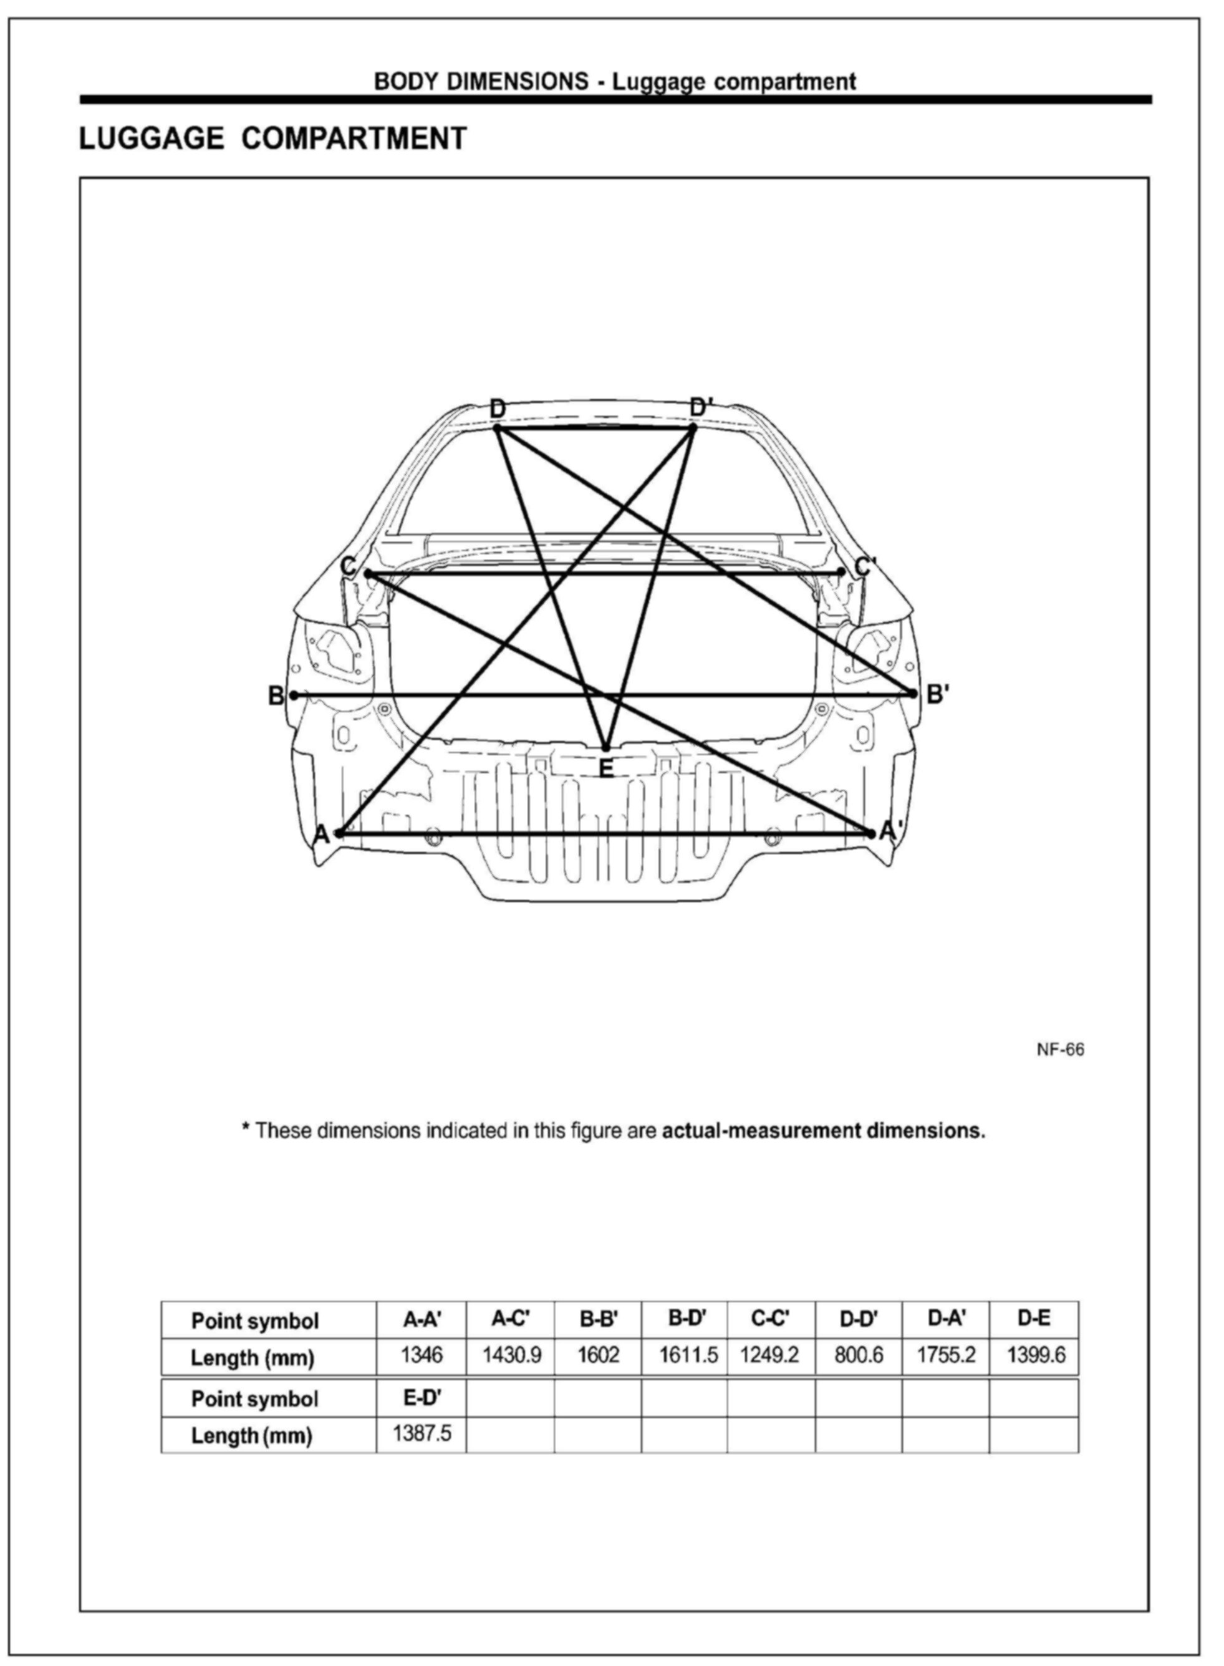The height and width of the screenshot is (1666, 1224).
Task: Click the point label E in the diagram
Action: [x=605, y=768]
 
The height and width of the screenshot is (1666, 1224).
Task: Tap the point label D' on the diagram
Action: [x=700, y=407]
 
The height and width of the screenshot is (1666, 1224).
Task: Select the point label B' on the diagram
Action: [x=937, y=694]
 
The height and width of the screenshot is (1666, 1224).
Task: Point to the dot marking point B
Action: [x=294, y=695]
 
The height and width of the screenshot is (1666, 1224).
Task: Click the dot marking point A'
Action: [x=870, y=833]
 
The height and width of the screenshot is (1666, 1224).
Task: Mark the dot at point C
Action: [x=367, y=573]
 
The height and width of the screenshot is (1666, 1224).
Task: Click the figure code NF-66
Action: [x=1060, y=1049]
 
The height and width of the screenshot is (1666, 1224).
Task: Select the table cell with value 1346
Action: [x=422, y=1355]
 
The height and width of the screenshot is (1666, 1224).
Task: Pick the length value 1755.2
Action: [x=946, y=1355]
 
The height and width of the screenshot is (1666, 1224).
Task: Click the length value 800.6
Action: [x=859, y=1355]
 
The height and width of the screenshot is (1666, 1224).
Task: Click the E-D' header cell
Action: [x=422, y=1397]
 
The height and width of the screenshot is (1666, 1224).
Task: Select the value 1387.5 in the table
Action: [x=422, y=1433]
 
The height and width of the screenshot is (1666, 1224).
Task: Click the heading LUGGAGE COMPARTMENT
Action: [x=272, y=138]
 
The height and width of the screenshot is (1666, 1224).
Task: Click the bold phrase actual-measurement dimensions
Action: [x=823, y=1131]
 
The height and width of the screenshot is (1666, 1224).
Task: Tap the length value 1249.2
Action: [x=770, y=1355]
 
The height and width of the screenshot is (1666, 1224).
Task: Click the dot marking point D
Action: [x=497, y=428]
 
